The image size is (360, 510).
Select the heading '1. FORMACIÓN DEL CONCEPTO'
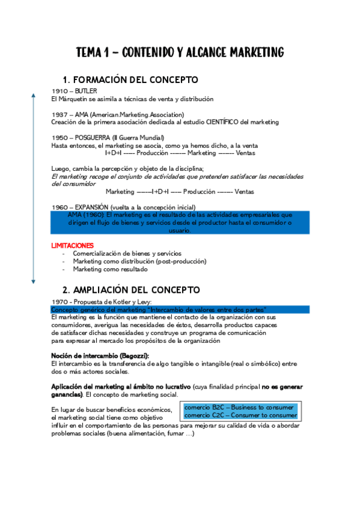[130, 80]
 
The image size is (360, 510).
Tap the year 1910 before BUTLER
[59, 91]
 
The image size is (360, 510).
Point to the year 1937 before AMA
[59, 114]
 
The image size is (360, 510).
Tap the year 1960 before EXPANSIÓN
[59, 207]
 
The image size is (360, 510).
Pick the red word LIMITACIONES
[72, 245]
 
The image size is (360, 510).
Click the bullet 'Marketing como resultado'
[110, 269]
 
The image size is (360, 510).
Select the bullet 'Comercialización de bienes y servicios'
[127, 253]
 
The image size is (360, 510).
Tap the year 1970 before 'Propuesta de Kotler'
[59, 301]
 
